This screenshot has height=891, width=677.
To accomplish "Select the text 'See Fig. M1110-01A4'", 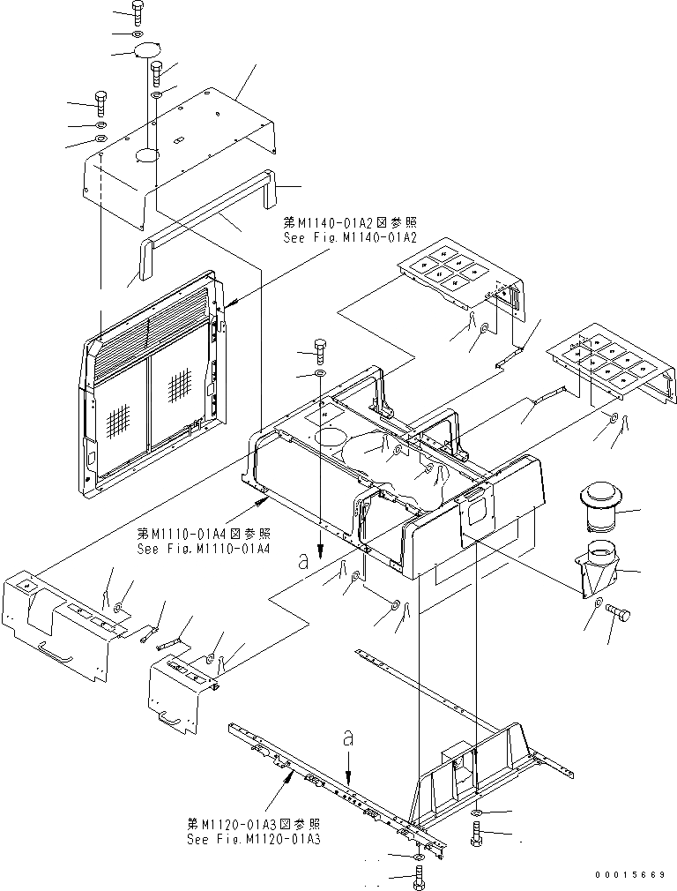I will pos(204,548).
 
